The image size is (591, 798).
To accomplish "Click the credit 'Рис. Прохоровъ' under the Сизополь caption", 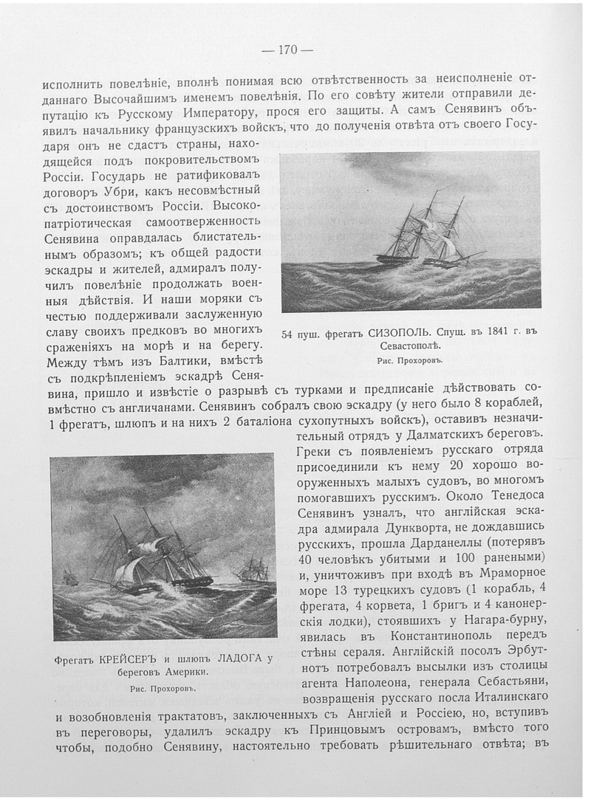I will tap(409, 361).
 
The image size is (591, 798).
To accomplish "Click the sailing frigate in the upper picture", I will tap(428, 233).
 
